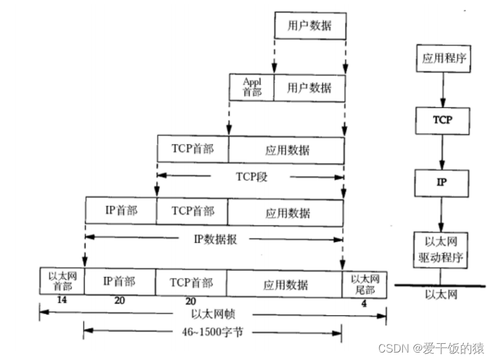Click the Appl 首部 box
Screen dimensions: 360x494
[x=252, y=88]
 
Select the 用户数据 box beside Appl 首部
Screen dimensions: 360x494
[x=309, y=88]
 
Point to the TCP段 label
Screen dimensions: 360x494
[x=250, y=176]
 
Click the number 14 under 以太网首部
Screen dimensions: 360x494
[x=61, y=299]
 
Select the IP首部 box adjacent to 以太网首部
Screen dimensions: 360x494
[x=120, y=282]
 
